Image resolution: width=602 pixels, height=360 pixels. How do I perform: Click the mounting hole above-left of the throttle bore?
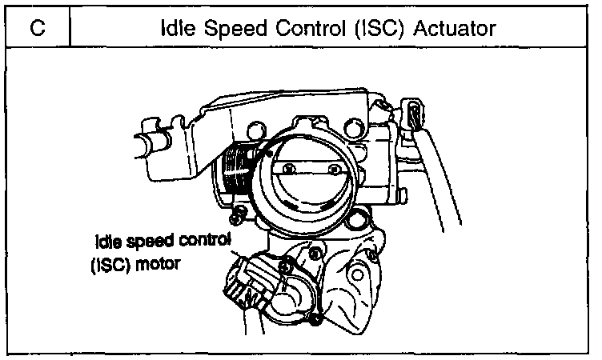258,129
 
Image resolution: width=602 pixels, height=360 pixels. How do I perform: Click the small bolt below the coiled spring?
237,214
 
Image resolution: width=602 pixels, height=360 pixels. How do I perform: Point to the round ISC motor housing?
289,296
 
